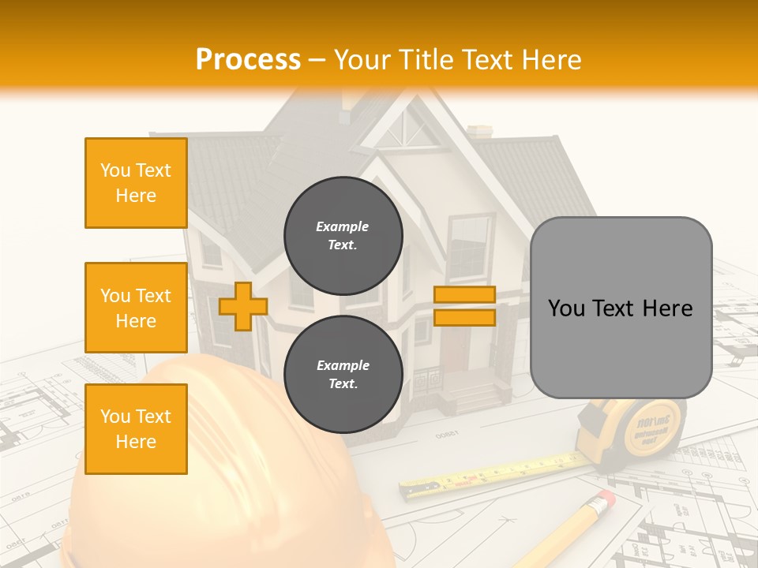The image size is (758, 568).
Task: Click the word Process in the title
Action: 248,60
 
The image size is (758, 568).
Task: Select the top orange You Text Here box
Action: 136,183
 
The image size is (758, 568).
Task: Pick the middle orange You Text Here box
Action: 136,308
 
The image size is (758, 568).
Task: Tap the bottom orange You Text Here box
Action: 136,428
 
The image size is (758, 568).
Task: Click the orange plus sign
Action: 242,306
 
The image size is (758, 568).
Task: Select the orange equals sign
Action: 464,306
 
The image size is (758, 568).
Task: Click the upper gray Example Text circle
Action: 343,235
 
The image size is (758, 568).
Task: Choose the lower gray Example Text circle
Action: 343,374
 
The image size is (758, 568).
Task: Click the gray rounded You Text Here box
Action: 621,308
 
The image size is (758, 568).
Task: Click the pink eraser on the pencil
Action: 604,499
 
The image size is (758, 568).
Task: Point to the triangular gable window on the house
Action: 410,131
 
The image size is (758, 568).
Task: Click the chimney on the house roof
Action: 479,132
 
